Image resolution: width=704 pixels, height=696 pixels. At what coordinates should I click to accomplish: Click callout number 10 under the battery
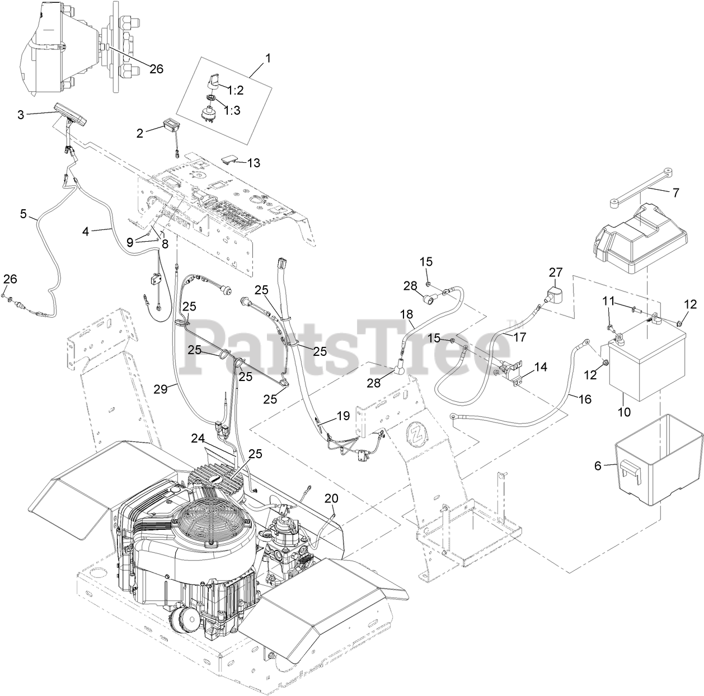pyautogui.click(x=623, y=412)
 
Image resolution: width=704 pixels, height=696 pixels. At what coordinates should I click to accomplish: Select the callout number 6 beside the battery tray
pyautogui.click(x=598, y=465)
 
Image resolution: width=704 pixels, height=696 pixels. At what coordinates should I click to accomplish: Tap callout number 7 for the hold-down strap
pyautogui.click(x=675, y=193)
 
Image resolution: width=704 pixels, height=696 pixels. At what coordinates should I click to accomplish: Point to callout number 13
pyautogui.click(x=254, y=163)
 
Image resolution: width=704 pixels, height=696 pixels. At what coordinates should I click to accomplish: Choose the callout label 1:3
pyautogui.click(x=232, y=110)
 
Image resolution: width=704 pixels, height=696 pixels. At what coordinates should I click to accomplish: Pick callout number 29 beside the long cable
pyautogui.click(x=161, y=389)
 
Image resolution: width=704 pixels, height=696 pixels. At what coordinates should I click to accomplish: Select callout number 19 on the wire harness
pyautogui.click(x=342, y=416)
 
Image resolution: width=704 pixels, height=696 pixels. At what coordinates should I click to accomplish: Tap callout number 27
pyautogui.click(x=555, y=272)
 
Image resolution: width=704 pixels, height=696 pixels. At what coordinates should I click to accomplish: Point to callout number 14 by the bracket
pyautogui.click(x=540, y=367)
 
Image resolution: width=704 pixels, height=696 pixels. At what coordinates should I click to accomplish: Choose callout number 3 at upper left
pyautogui.click(x=21, y=115)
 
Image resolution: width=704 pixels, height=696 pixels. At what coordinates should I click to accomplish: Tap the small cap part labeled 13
pyautogui.click(x=228, y=160)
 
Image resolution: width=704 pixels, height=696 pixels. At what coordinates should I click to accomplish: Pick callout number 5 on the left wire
pyautogui.click(x=24, y=213)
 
